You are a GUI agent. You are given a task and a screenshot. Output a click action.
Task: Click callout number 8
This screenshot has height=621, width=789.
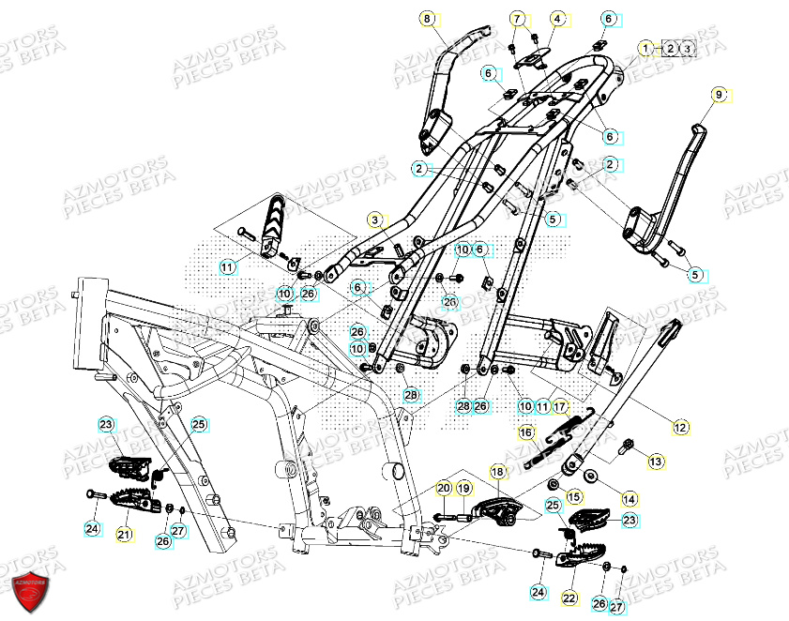tap(429, 19)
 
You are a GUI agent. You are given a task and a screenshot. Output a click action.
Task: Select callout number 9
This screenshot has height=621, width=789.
tap(720, 95)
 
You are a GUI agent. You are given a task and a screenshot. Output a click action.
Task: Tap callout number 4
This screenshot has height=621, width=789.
tap(558, 19)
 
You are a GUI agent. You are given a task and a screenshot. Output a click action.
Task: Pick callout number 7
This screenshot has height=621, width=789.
tap(518, 19)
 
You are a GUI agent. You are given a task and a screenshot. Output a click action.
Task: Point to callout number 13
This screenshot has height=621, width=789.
tap(655, 461)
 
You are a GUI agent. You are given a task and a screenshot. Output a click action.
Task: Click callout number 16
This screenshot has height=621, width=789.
tap(526, 432)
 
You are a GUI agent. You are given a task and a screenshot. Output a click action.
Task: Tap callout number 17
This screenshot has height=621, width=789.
tap(559, 407)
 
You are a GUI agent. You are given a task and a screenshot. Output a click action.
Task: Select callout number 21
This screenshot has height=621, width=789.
tap(125, 534)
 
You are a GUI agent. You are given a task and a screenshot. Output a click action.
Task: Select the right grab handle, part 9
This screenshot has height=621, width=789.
tap(680, 188)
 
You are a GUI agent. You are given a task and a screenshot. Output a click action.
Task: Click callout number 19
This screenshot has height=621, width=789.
tap(463, 488)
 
